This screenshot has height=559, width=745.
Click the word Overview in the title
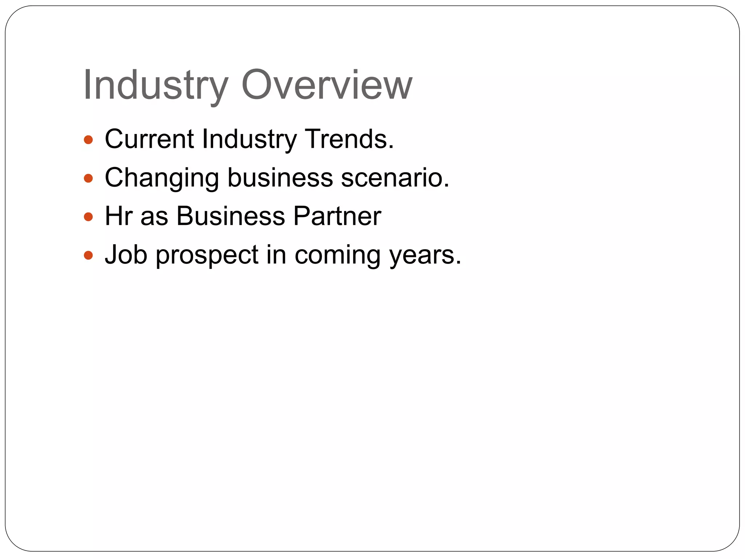coord(327,85)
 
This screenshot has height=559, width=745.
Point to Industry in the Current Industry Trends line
coord(249,139)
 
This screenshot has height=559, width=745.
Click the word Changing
coord(162,178)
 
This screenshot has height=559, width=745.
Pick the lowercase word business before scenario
coord(280,177)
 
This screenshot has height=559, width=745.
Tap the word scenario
coord(395,177)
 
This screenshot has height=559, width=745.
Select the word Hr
coord(118,216)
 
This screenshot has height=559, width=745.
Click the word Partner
coord(337,216)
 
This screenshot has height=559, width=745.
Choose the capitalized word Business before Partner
coord(231,216)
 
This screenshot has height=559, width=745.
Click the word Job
coord(126,254)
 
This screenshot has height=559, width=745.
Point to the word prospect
coord(207,255)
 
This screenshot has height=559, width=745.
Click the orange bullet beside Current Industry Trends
coord(88,140)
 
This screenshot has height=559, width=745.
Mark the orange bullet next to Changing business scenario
coord(88,178)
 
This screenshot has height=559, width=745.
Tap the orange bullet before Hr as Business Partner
coord(88,217)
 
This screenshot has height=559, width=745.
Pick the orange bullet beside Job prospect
coord(88,255)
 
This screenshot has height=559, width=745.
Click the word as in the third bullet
coord(154,217)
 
